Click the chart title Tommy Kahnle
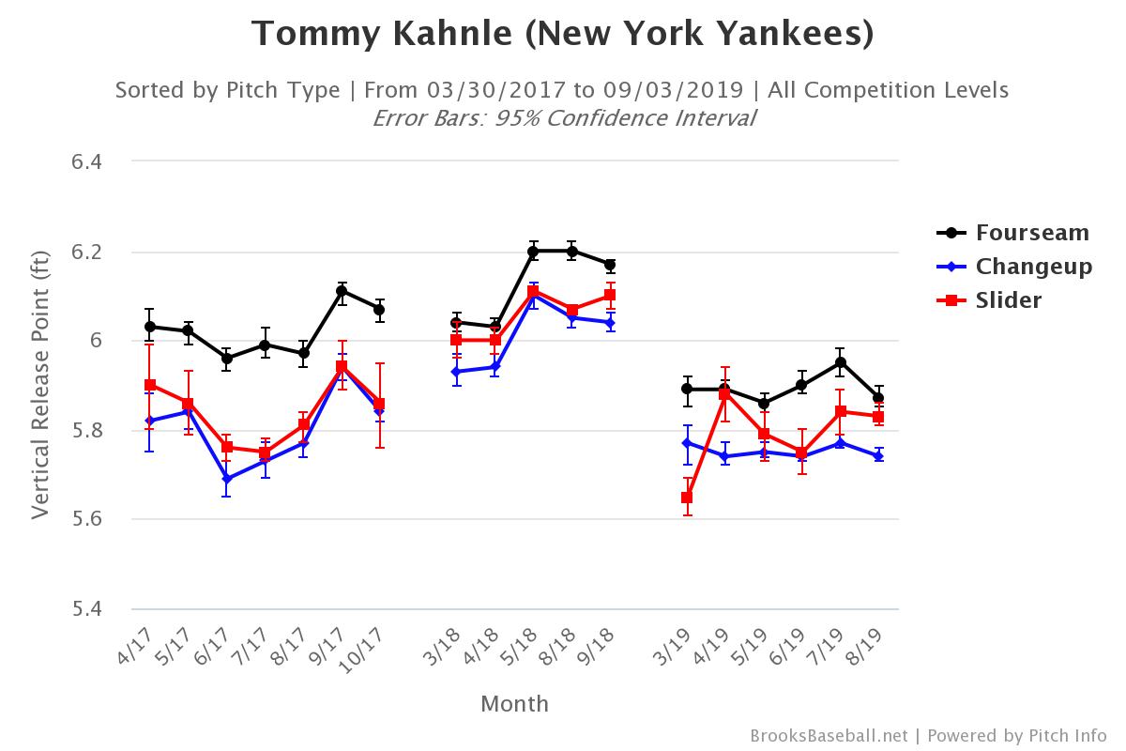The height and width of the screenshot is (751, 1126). coord(562,34)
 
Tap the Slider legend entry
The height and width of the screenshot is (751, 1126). coord(1009,300)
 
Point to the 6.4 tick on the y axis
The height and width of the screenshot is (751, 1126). coord(85,161)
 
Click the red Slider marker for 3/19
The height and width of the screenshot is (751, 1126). coord(688,498)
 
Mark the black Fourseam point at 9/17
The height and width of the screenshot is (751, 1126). coord(342,291)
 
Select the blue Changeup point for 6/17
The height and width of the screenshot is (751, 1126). coord(227,479)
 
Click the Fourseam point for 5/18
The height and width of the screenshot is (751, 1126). coord(534,252)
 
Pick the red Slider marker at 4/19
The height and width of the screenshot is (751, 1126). coord(725,394)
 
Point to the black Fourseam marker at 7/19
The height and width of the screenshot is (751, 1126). coord(841,362)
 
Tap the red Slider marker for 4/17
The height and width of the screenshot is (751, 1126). coord(150,385)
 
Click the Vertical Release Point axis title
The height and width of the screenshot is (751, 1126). coord(39,385)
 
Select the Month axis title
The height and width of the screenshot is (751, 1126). coord(514,704)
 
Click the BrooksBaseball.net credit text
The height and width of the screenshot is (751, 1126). coord(829,735)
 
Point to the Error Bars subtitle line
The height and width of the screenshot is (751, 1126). coord(563,118)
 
